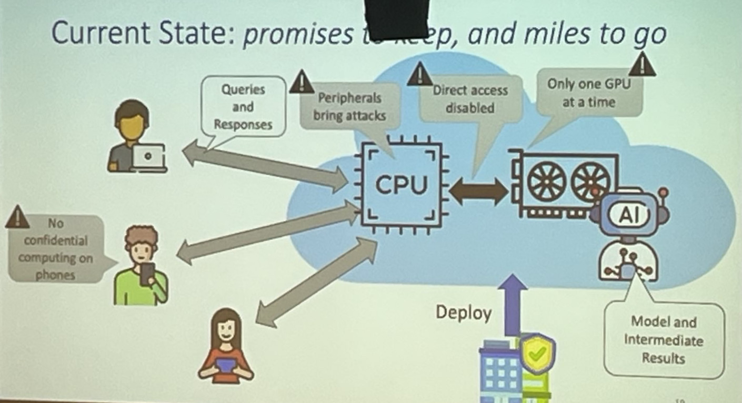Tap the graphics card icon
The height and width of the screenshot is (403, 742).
tap(563, 182)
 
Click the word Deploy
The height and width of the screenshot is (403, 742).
tap(463, 313)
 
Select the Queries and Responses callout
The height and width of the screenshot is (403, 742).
tap(243, 107)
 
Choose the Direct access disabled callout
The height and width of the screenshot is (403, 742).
tap(470, 99)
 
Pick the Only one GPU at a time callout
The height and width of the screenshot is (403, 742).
tap(588, 93)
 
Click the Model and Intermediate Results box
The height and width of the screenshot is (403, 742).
tap(663, 340)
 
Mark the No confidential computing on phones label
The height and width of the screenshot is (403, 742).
tap(55, 249)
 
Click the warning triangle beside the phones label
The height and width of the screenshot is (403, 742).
tap(17, 217)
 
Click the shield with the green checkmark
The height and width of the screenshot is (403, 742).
tap(537, 354)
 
